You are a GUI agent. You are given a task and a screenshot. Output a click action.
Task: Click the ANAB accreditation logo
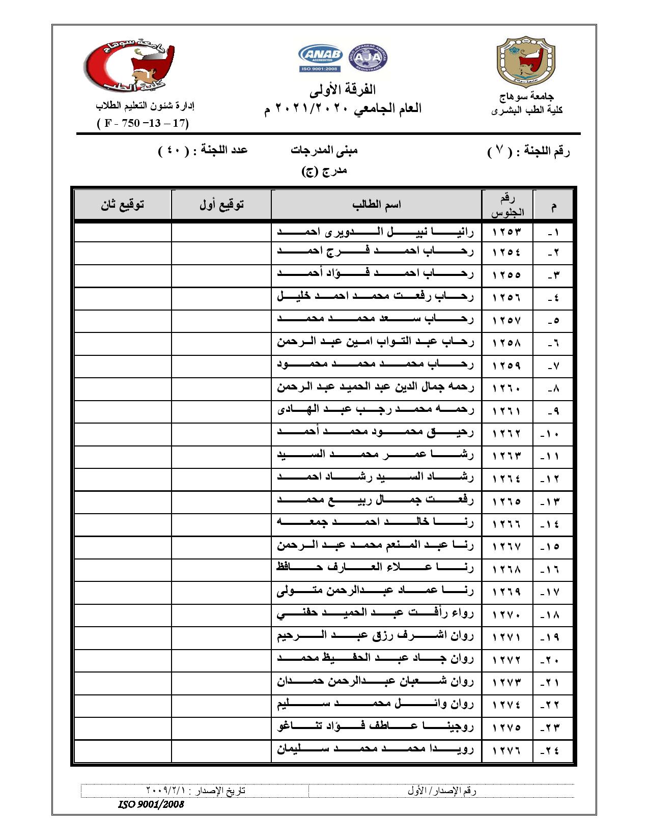pos(320,59)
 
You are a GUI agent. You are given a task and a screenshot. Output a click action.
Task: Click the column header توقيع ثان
pos(123,205)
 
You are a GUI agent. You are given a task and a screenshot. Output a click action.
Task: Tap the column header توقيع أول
pos(221,205)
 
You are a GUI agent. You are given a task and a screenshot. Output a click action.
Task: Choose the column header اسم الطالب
pos(376,205)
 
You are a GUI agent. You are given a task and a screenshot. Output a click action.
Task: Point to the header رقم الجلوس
pos(507,205)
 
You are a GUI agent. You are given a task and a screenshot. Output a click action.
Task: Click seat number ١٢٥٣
pos(507,232)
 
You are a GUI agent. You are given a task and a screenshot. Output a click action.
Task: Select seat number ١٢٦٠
pos(507,388)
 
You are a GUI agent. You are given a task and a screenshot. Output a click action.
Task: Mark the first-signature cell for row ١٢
pos(221,479)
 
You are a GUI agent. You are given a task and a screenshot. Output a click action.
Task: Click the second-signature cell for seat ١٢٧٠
pos(123,615)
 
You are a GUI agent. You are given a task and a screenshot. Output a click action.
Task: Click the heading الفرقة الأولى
pos(343,90)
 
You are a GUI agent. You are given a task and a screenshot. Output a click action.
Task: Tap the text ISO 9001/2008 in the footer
pos(151,804)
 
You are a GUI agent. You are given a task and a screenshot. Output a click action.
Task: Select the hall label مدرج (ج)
pos(324,171)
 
